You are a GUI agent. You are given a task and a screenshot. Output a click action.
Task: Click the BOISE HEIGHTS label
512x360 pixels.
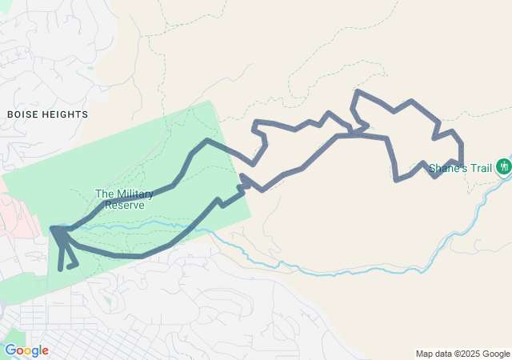47,114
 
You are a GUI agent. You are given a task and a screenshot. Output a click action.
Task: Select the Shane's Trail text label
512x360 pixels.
461,168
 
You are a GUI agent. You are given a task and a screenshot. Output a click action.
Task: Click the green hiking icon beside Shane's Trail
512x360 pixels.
504,166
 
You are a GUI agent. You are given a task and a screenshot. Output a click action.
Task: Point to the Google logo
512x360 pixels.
26,350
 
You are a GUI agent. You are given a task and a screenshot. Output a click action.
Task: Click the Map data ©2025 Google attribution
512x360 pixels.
462,354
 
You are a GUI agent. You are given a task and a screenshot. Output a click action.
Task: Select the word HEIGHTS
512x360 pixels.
67,114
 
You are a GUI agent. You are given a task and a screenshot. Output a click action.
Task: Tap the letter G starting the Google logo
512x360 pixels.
10,350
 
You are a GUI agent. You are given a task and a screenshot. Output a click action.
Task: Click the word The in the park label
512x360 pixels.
103,194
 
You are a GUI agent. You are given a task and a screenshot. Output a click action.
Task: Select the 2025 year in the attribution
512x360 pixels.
468,354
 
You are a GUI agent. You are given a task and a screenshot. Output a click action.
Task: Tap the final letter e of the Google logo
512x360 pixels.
45,351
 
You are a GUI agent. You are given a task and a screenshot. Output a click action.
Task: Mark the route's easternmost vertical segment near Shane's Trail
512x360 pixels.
462,152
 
